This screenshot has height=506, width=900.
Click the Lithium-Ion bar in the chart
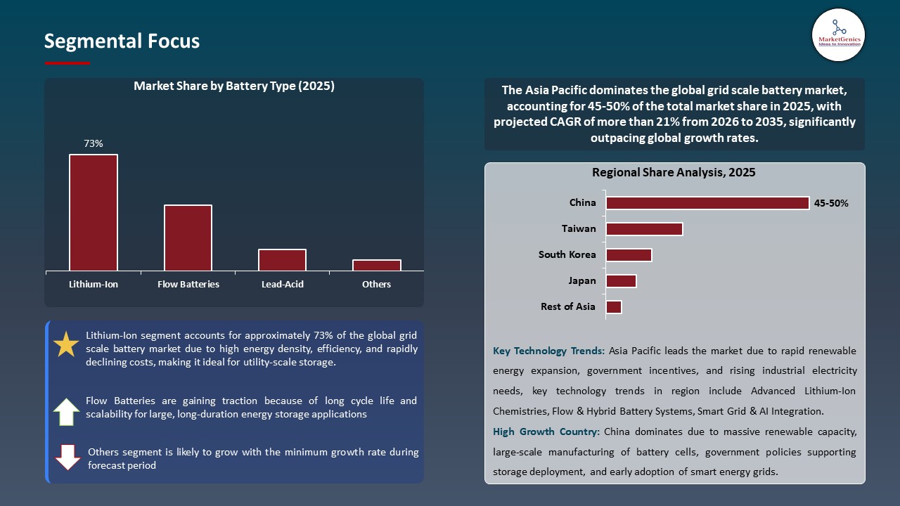tap(94, 212)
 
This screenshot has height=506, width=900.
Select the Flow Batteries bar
tap(188, 238)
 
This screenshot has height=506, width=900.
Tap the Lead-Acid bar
tap(282, 259)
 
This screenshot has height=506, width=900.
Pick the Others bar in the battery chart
tap(377, 265)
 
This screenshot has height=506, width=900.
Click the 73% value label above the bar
tap(94, 143)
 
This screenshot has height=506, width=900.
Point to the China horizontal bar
tap(707, 203)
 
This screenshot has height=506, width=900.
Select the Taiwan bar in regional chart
tap(644, 229)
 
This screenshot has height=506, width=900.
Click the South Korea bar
tap(629, 255)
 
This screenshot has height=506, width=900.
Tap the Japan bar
tap(621, 281)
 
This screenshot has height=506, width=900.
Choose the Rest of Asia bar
tap(614, 307)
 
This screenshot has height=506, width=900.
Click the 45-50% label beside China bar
tap(831, 203)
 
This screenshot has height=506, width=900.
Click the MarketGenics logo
tap(838, 35)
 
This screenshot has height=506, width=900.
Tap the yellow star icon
tap(66, 344)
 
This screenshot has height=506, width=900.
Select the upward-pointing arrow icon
tap(66, 412)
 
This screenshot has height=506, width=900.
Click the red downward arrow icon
tap(68, 457)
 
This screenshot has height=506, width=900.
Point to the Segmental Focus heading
tap(122, 41)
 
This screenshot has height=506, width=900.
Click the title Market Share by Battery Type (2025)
tap(234, 86)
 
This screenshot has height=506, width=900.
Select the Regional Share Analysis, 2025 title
tap(674, 172)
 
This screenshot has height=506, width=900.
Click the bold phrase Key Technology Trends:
tap(548, 351)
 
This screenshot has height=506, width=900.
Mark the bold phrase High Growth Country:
tap(546, 432)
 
